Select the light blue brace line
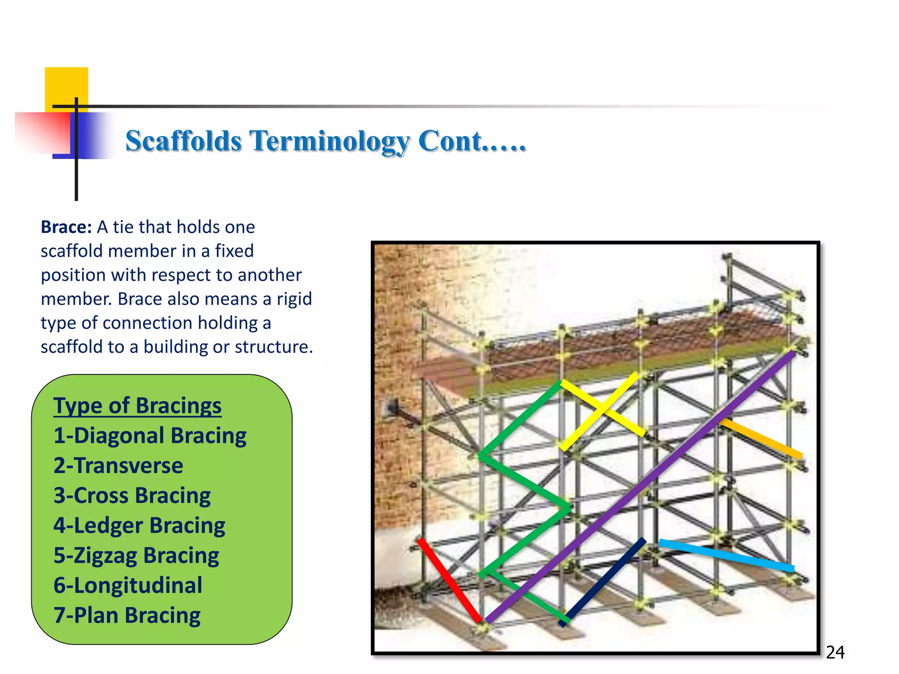point(726,556)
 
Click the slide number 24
point(835,652)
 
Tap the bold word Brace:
point(66,227)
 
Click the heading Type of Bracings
point(137,405)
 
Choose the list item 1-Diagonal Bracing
point(150,436)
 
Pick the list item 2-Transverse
point(118,466)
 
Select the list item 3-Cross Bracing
point(132,495)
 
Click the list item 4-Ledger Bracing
point(139,525)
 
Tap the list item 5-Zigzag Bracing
point(136,556)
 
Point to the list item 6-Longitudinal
point(128,585)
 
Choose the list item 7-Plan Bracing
point(127,615)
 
